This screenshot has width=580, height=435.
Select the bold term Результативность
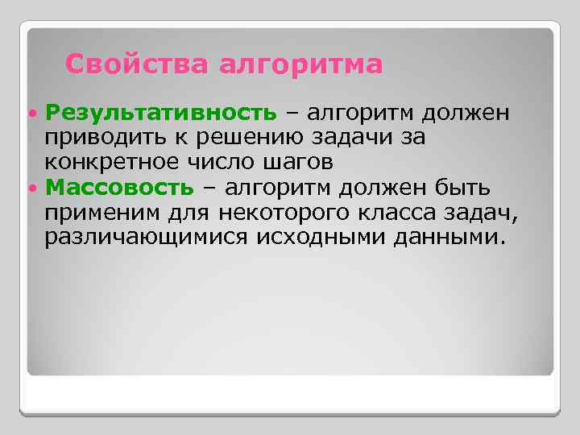(x=161, y=112)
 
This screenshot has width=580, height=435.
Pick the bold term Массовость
(x=120, y=188)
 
